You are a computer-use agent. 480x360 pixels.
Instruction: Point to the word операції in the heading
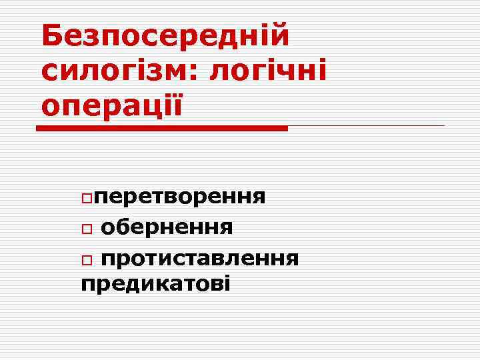point(111,105)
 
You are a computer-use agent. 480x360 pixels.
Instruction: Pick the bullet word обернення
point(167,227)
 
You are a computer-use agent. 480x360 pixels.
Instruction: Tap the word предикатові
point(155,285)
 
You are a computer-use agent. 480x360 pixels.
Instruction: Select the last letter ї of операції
point(176,104)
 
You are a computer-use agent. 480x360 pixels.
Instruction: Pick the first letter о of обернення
point(108,229)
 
